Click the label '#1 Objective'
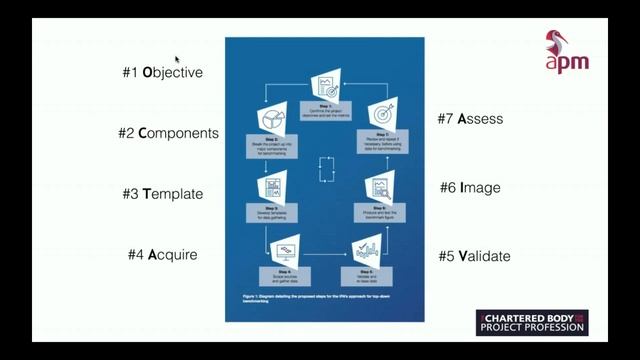[162, 73]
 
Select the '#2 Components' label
[168, 133]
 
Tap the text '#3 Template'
[162, 194]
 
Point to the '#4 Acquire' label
[162, 255]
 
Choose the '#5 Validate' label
[474, 256]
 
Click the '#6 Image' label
[470, 188]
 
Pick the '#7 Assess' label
[470, 119]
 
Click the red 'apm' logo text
[566, 61]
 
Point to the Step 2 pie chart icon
[272, 121]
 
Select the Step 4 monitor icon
[285, 251]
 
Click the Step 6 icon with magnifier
[380, 185]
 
